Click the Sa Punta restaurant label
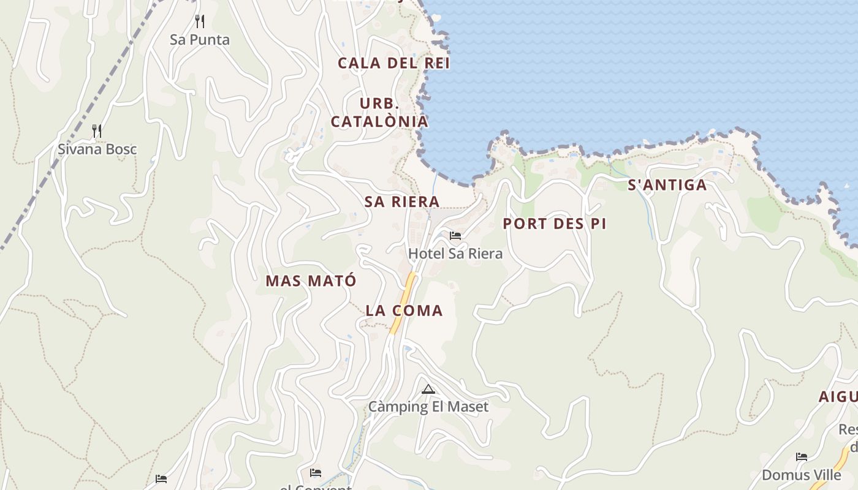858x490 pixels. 200,40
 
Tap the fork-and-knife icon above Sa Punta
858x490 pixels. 199,21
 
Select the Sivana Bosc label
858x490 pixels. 97,149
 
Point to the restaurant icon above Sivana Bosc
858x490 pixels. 97,130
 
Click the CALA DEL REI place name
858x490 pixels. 393,63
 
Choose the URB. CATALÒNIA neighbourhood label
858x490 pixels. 379,112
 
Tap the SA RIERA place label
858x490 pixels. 402,202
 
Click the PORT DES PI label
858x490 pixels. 555,224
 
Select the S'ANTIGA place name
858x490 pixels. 667,185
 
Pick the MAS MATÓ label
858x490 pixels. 311,281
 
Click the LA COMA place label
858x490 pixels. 404,311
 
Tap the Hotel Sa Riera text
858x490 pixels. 455,254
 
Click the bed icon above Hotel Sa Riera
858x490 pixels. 455,235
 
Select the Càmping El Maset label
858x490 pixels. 428,406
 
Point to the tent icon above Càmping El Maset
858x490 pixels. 428,389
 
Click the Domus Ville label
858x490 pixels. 801,475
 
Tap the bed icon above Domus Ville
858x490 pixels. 801,457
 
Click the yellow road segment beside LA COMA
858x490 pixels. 405,301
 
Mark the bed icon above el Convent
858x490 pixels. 316,472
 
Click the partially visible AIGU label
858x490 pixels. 838,397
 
